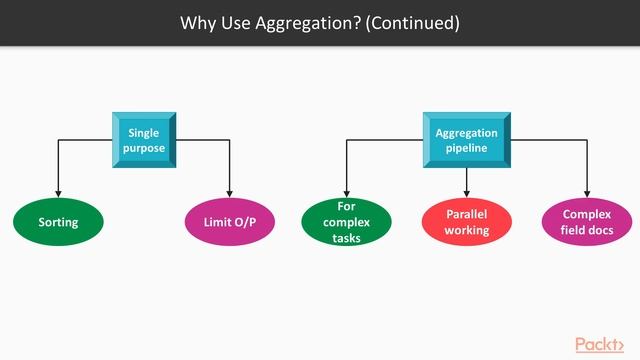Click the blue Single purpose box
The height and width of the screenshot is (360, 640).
[144, 140]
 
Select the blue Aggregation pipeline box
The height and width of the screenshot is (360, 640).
[466, 140]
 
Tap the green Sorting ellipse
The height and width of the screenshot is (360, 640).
[58, 221]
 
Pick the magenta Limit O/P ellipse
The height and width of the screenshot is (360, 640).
[231, 221]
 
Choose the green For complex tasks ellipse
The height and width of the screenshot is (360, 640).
[346, 221]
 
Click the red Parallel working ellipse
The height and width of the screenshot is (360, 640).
[467, 221]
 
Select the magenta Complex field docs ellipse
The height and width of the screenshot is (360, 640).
[587, 221]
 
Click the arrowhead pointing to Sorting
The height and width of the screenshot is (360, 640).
[58, 192]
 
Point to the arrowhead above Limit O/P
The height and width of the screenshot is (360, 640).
[231, 192]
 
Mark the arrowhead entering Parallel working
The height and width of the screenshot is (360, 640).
[467, 192]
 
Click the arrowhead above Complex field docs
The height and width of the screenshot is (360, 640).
[587, 192]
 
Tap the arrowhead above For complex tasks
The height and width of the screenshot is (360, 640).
[346, 192]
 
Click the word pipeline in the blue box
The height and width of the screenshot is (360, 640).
[466, 148]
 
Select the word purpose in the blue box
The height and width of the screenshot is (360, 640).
[144, 148]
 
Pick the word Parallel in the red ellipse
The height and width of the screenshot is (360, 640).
[467, 214]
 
